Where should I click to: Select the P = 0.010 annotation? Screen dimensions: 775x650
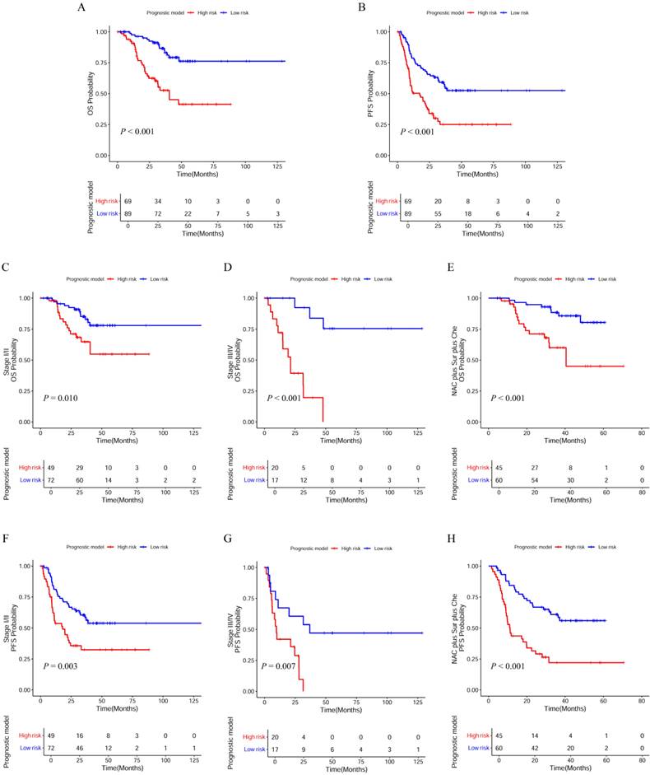click(60, 398)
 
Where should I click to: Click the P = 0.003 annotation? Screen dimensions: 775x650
click(60, 666)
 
